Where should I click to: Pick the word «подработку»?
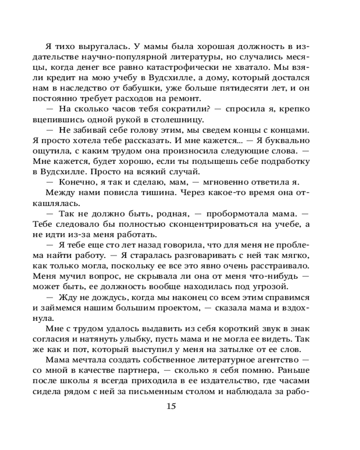coord(278,161)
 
